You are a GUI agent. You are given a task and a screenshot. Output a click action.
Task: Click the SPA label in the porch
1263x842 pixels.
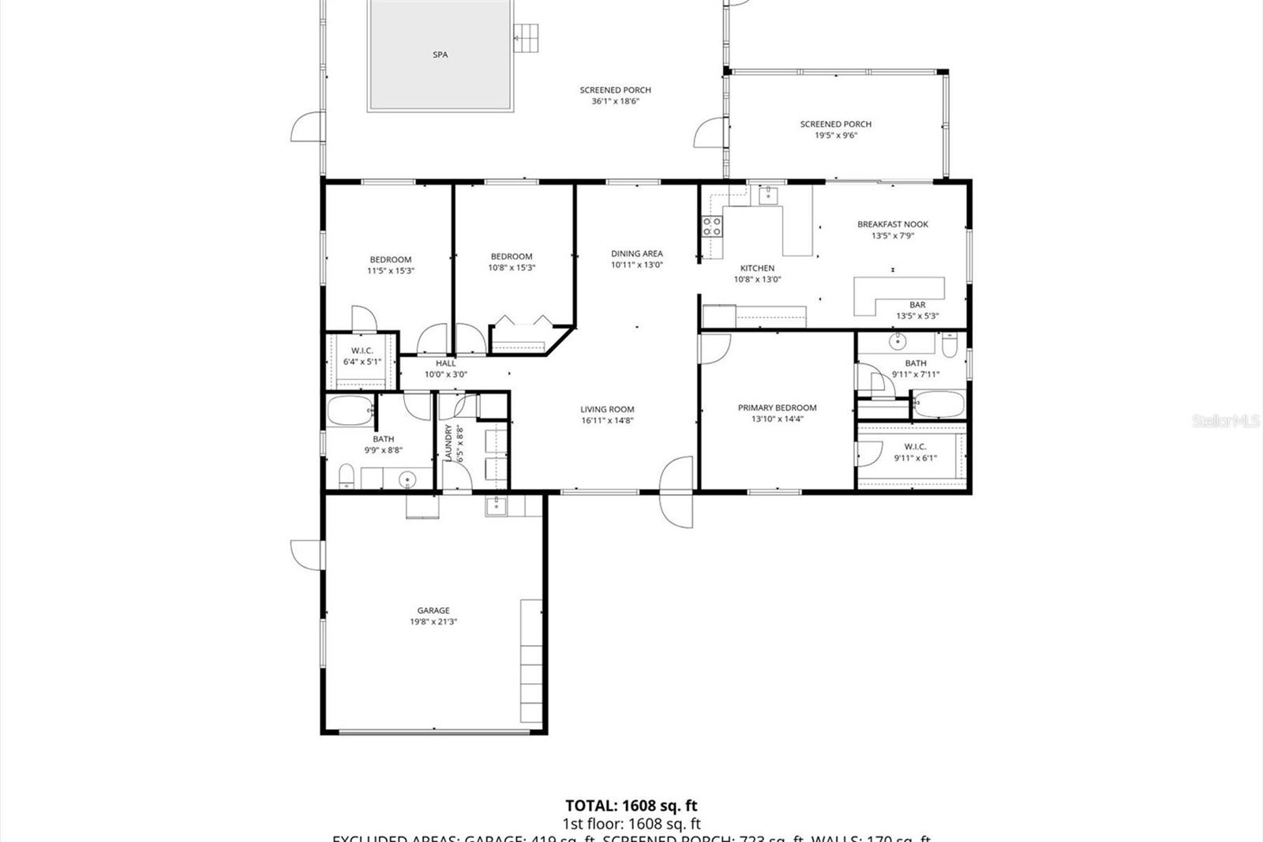coord(440,55)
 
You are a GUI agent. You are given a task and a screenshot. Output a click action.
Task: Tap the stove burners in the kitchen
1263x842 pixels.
coord(712,227)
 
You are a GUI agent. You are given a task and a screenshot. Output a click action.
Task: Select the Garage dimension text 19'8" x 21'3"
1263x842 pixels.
coord(433,622)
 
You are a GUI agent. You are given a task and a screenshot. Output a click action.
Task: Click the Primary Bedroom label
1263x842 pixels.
coord(777,408)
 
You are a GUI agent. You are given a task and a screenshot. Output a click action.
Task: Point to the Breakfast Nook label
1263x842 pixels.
coord(893,224)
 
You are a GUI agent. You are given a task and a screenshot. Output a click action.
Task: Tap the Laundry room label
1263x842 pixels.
coord(449,443)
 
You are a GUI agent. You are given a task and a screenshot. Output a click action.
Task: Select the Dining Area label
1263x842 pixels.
coord(636,254)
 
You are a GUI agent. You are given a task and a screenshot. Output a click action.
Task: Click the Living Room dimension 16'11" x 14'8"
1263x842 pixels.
coord(607,420)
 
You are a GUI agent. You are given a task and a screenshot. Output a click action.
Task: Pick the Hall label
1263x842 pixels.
coord(446,363)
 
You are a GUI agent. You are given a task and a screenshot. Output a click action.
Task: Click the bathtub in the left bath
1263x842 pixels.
coord(350,411)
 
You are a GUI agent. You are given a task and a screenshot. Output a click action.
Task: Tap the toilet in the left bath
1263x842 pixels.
coord(346,476)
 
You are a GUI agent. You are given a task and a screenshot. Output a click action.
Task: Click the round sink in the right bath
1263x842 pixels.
coord(898,342)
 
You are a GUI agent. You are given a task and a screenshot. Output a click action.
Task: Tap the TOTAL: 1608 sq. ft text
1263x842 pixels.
coord(631,806)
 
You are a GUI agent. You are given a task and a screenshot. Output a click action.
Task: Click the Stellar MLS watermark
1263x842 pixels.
coord(1225,421)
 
